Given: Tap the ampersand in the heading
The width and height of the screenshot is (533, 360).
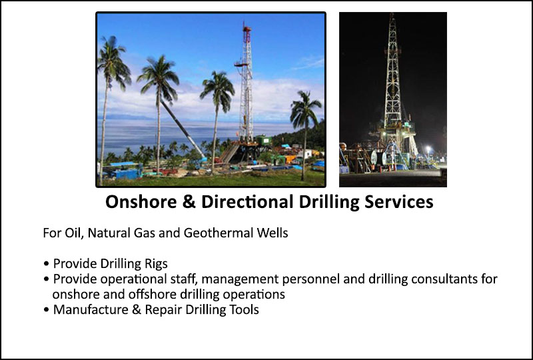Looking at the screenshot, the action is (189, 202).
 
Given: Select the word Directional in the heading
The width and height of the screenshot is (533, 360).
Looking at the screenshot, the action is (247, 202).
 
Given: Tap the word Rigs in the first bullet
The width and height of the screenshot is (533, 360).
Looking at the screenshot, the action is (157, 264).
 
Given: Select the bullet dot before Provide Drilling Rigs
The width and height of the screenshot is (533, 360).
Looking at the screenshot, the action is (46, 264).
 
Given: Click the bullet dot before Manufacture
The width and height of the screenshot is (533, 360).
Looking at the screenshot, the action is (46, 310).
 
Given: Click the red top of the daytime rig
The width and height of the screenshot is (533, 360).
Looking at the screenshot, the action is (247, 30).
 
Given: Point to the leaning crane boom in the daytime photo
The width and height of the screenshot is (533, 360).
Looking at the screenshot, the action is (183, 129).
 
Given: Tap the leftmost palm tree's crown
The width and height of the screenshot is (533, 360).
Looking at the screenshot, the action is (113, 61).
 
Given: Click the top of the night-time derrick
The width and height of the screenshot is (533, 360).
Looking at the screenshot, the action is (392, 16).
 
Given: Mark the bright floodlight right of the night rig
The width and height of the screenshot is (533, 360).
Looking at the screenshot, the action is (428, 149).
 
